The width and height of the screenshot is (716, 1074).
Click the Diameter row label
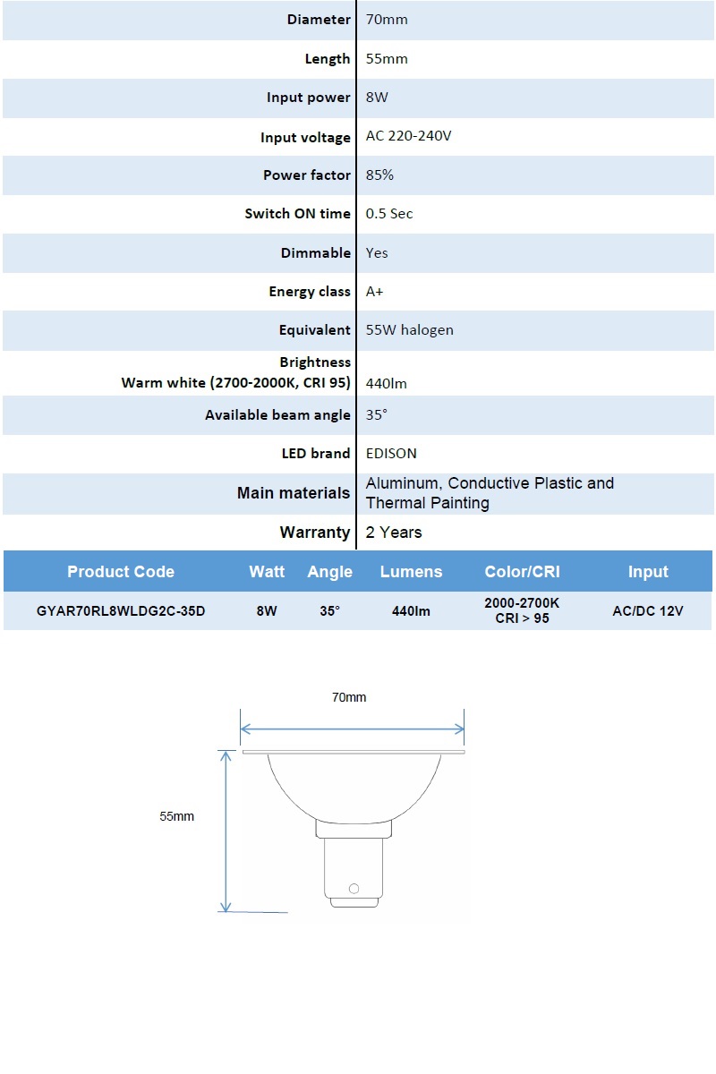[x=319, y=20]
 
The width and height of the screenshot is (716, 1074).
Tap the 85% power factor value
[x=379, y=175]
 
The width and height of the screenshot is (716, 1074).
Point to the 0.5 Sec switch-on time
[x=389, y=214]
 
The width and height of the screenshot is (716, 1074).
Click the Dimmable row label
[x=315, y=253]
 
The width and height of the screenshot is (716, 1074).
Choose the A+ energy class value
[x=375, y=292]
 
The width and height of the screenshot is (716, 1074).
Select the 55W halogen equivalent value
[x=409, y=330]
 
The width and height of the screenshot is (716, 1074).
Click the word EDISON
[x=391, y=454]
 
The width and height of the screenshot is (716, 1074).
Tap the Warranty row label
[x=314, y=533]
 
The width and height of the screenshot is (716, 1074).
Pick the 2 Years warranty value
[x=394, y=533]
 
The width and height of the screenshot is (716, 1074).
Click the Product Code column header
[x=121, y=572]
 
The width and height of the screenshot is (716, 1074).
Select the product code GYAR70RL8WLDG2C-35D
[x=121, y=611]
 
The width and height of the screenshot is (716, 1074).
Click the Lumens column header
[x=411, y=572]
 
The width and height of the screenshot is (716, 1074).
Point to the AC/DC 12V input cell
[x=648, y=611]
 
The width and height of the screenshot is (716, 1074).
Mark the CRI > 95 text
[x=522, y=618]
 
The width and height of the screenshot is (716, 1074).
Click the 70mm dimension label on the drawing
[x=349, y=697]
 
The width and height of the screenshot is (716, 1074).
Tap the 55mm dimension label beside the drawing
[x=177, y=816]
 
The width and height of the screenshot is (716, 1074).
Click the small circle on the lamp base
[x=354, y=889]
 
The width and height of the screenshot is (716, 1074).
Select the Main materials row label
[x=293, y=493]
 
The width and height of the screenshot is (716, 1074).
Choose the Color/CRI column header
[x=522, y=572]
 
